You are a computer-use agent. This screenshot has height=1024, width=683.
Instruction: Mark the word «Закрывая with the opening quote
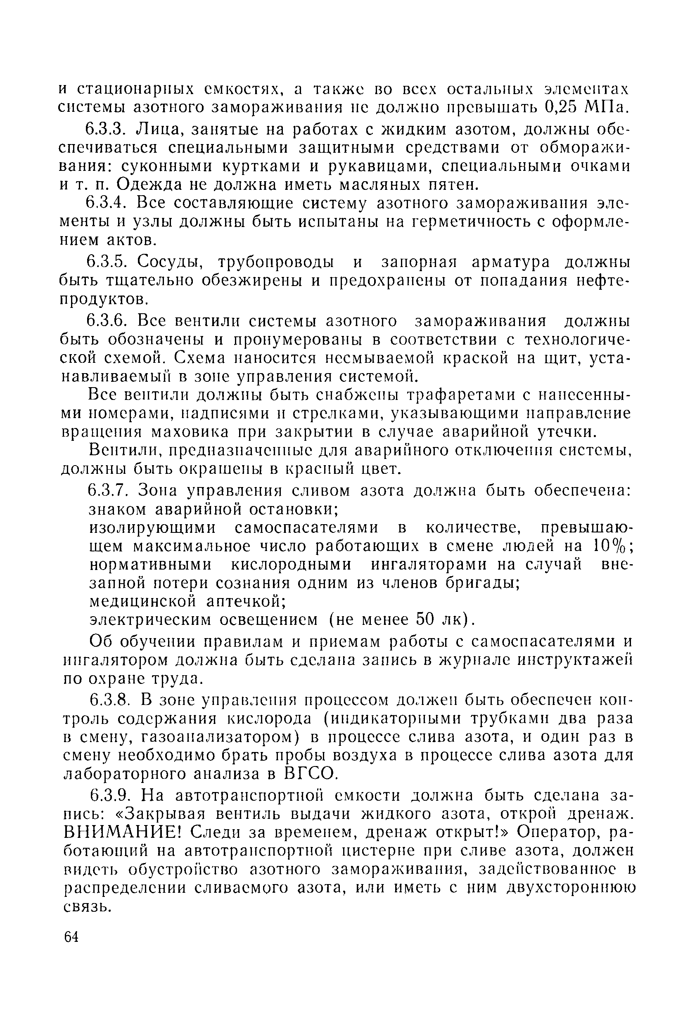pos(158,814)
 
